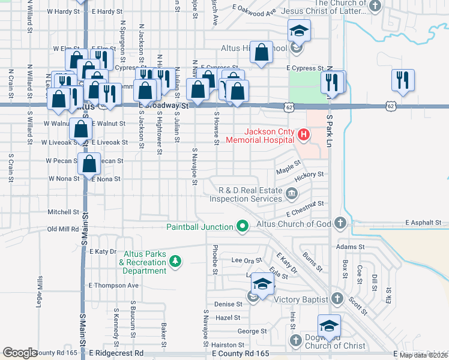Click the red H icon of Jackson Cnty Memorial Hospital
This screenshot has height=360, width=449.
[x=304, y=135]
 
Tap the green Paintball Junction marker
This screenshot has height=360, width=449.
[x=243, y=226]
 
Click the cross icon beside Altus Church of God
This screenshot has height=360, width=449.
[x=340, y=224]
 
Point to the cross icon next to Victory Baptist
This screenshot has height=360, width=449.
[x=337, y=299]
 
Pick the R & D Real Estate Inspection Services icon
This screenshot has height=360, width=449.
[x=292, y=193]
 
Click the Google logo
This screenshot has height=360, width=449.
[x=20, y=353]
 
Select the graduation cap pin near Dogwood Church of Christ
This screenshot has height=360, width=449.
[x=329, y=325]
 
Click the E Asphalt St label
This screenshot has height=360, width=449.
[x=423, y=223]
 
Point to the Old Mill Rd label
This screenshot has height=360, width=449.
[x=63, y=229]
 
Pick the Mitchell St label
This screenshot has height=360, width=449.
[x=64, y=212]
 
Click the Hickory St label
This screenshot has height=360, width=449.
[x=310, y=175]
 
